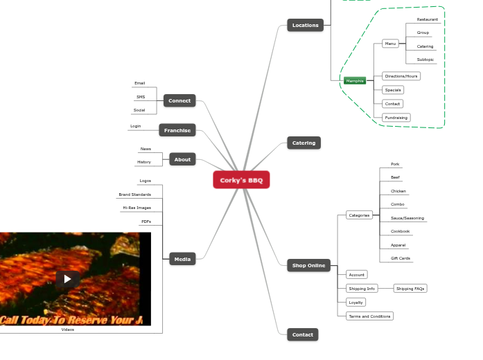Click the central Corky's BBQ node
click(x=241, y=180)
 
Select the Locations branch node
click(x=305, y=26)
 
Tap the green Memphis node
click(x=354, y=81)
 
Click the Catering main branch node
click(x=304, y=143)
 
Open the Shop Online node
click(x=308, y=265)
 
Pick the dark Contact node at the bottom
click(x=303, y=334)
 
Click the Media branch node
click(x=182, y=259)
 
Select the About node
click(x=182, y=159)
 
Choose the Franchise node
click(x=177, y=130)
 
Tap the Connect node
click(x=179, y=100)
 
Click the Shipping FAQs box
click(x=410, y=289)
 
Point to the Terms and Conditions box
click(x=369, y=316)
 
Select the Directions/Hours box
click(x=401, y=76)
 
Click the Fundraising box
click(x=396, y=118)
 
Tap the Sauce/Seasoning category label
click(x=407, y=218)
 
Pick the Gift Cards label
click(x=401, y=258)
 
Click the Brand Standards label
click(x=134, y=195)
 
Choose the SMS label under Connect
click(x=141, y=97)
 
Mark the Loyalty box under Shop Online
click(x=355, y=303)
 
